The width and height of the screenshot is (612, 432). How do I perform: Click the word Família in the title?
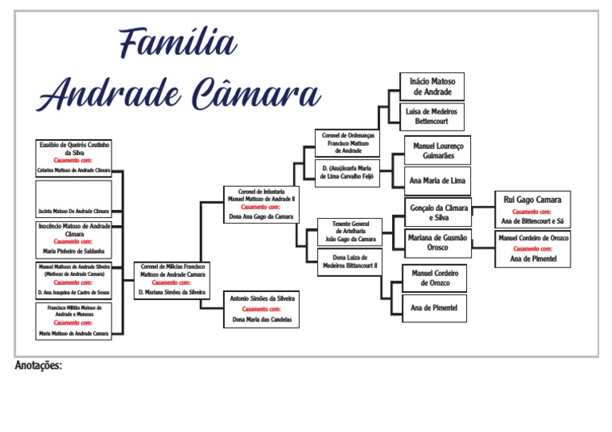[x=177, y=43]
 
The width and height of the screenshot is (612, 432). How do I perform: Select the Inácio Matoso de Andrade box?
[x=431, y=87]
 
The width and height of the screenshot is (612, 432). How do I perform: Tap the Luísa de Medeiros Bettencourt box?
[x=431, y=117]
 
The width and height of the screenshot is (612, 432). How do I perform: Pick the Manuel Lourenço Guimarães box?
[x=437, y=151]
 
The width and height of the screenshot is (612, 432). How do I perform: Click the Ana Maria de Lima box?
[x=437, y=180]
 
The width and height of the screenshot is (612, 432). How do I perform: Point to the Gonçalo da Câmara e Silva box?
[x=437, y=212]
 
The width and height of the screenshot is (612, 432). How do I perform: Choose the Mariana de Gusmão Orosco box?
[x=437, y=243]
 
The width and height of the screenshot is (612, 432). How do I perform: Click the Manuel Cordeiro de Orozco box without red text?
[x=433, y=278]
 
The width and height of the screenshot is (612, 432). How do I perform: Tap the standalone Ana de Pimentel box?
[x=433, y=307]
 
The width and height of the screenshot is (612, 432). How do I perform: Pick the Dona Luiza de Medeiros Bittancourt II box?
[x=349, y=262]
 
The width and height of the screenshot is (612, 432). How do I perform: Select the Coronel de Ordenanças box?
[x=347, y=143]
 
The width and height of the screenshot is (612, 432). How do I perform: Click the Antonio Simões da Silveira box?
[x=261, y=309]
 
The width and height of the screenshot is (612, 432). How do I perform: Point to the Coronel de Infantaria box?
[x=261, y=204]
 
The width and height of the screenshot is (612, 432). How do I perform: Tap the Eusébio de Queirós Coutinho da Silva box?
[x=74, y=158]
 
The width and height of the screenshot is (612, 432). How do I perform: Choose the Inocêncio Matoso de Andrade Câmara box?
[x=74, y=239]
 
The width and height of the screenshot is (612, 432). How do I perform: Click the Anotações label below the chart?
[x=38, y=366]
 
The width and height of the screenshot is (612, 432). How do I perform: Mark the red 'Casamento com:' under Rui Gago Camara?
[x=532, y=212]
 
